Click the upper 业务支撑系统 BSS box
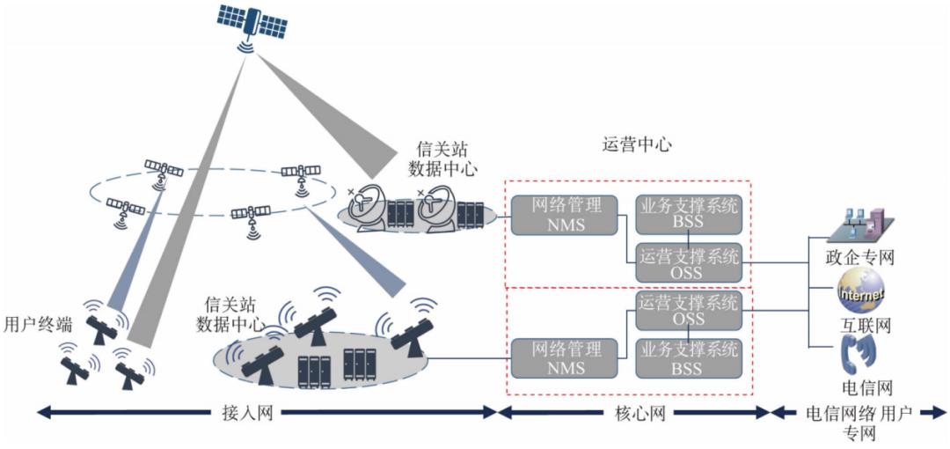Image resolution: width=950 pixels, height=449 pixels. pos(688,214)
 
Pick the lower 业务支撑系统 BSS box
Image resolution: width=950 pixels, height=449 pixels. pos(688,359)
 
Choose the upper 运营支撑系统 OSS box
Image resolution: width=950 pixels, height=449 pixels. pos(688,262)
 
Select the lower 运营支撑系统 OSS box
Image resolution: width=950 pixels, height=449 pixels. pos(688,311)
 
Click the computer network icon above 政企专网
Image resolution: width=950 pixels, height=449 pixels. pos(860,224)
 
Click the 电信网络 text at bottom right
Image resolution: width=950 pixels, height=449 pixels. pos(831,411)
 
